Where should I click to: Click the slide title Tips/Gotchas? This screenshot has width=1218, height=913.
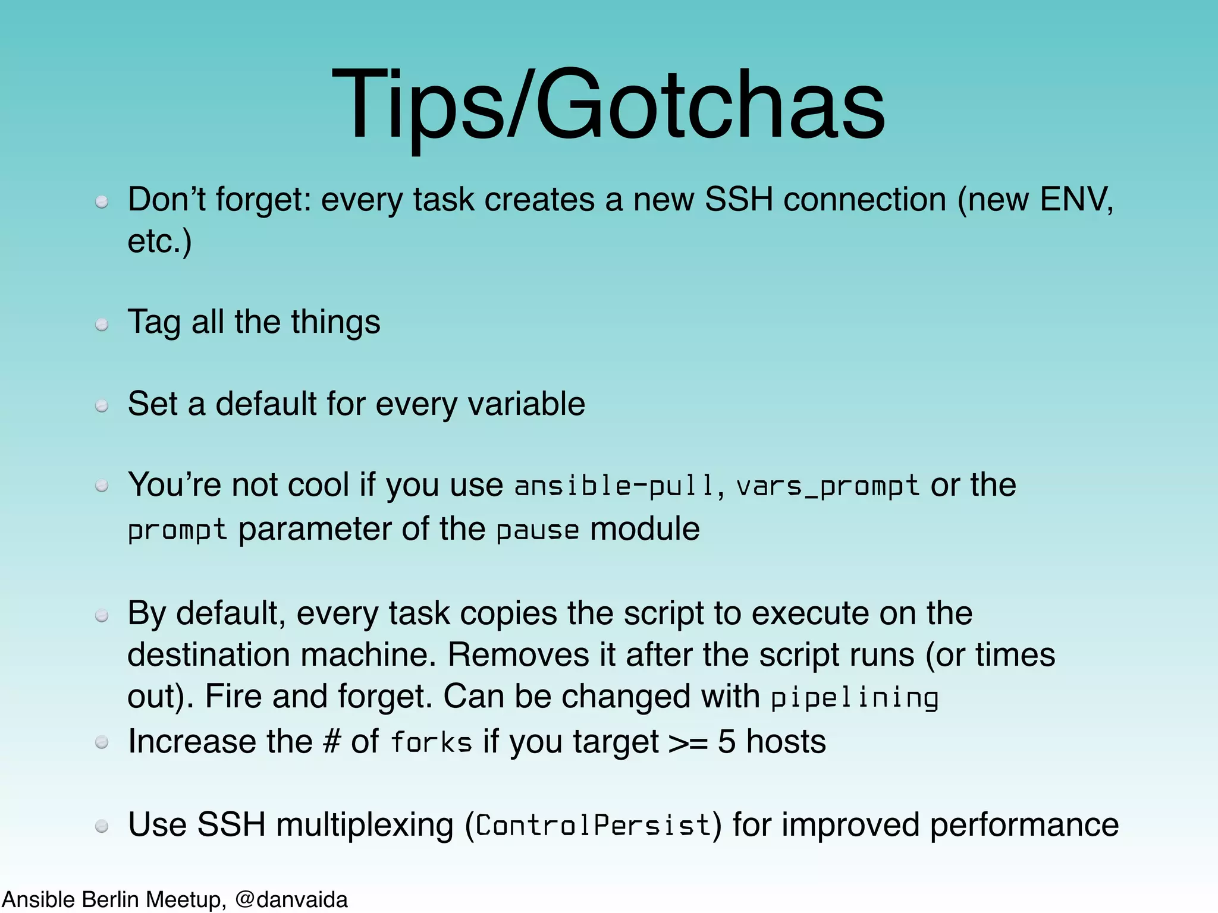[x=608, y=106]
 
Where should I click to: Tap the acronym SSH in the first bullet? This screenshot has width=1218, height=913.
[x=738, y=199]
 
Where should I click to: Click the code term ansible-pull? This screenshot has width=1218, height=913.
[x=614, y=486]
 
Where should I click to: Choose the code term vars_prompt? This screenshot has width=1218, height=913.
[x=827, y=486]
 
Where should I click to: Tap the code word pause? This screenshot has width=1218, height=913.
[x=537, y=530]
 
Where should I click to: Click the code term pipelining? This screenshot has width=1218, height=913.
[x=854, y=698]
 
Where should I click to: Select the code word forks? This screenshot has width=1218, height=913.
[x=431, y=742]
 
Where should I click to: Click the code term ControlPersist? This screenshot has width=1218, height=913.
[x=593, y=825]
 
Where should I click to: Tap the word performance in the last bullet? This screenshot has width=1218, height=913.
[x=1024, y=825]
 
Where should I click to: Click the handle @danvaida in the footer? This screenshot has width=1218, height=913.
[x=291, y=899]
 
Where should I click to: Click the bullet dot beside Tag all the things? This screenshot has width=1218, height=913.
[x=102, y=325]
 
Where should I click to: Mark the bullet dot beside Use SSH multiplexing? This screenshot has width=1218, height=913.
[x=102, y=826]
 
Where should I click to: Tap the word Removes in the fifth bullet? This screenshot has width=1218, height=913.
[x=517, y=655]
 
